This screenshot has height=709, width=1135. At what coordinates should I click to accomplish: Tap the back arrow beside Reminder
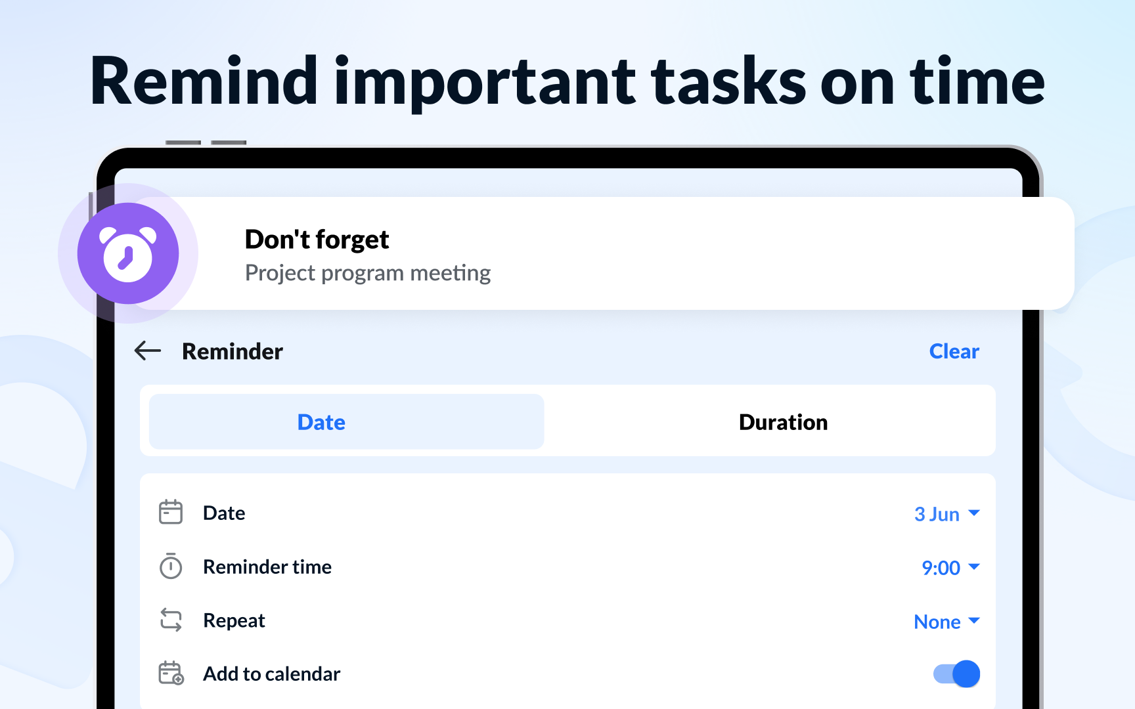point(148,351)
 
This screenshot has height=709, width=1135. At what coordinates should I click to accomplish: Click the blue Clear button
point(954,351)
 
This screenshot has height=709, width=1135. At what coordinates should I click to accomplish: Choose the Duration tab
point(783,421)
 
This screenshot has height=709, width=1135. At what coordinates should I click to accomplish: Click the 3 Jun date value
point(937,514)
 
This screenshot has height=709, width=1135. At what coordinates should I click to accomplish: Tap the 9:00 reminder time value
point(941,568)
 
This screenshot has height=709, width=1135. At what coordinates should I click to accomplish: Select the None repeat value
point(937,622)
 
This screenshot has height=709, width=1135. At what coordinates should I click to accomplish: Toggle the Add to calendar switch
point(956,674)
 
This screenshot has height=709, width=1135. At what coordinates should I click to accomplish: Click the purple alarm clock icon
point(128,253)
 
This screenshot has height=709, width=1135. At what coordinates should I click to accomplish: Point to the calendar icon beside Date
point(171,512)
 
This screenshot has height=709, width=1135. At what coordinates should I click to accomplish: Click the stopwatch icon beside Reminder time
point(171,566)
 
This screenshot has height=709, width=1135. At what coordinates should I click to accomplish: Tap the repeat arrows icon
point(171,620)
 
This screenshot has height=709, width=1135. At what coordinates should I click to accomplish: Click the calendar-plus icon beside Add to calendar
point(171,674)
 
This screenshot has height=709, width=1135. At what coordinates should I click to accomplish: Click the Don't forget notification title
point(317,240)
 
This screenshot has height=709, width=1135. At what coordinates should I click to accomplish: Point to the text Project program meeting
point(368,273)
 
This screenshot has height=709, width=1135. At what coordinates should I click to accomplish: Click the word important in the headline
point(485,82)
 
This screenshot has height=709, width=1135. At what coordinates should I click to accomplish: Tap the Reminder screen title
point(233,351)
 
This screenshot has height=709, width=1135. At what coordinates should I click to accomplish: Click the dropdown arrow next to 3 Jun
point(974,513)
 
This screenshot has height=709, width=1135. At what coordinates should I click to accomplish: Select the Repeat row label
point(234,620)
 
